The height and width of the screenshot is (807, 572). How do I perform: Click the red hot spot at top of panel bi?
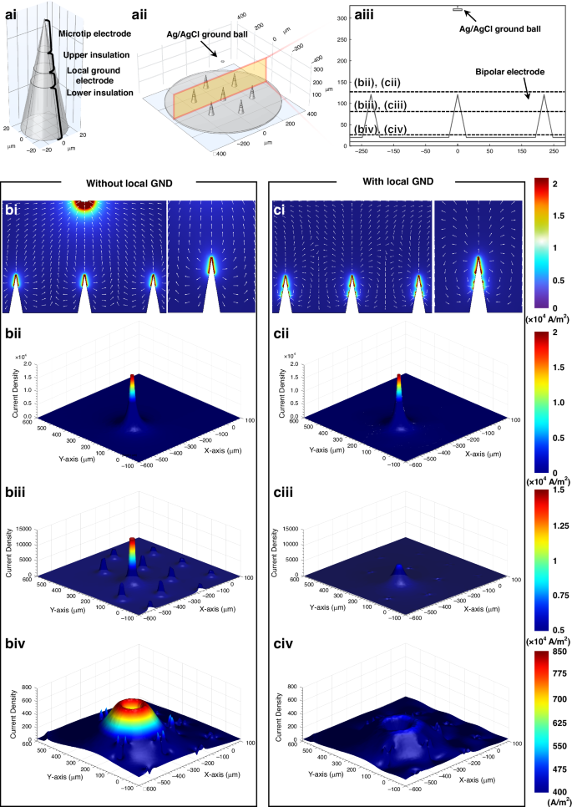click(84, 203)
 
